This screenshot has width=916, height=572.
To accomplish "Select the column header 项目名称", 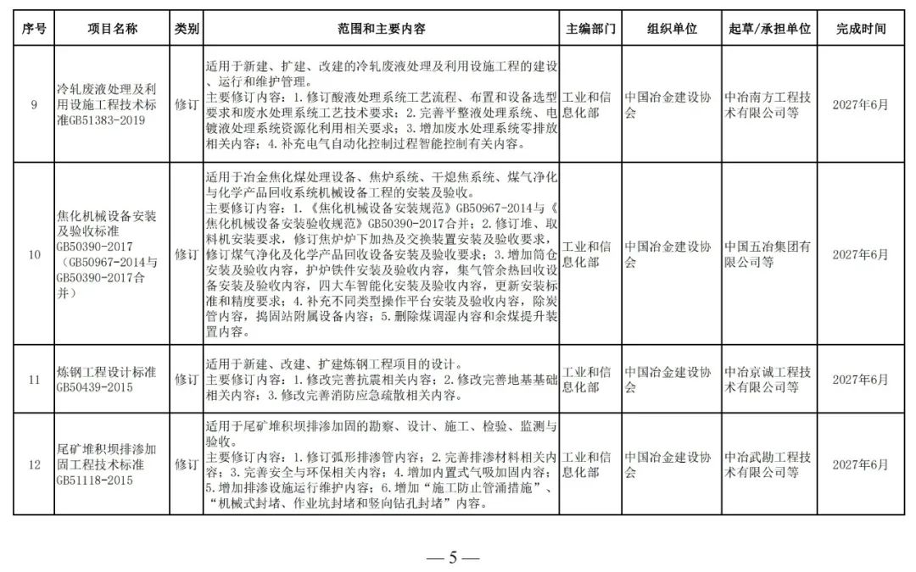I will pyautogui.click(x=112, y=29).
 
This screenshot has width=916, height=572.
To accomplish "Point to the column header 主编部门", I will pyautogui.click(x=590, y=29).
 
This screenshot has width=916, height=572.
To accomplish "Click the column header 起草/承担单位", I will pyautogui.click(x=769, y=29).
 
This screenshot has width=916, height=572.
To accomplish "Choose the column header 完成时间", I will pyautogui.click(x=860, y=29).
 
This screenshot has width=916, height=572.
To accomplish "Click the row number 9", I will pyautogui.click(x=34, y=105).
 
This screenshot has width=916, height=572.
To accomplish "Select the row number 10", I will pyautogui.click(x=34, y=254).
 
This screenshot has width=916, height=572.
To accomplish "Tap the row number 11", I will pyautogui.click(x=34, y=380).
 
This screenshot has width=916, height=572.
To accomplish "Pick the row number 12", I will pyautogui.click(x=34, y=464).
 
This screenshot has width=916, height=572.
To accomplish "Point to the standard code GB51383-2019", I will pyautogui.click(x=100, y=120).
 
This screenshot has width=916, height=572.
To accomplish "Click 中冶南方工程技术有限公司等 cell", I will pyautogui.click(x=768, y=105).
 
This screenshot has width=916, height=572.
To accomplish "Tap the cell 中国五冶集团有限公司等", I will pyautogui.click(x=768, y=254).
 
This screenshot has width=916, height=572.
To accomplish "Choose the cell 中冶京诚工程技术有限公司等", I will pyautogui.click(x=768, y=380).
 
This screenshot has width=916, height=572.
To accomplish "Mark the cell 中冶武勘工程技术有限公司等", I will pyautogui.click(x=768, y=464).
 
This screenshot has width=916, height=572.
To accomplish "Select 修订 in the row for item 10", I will pyautogui.click(x=186, y=254).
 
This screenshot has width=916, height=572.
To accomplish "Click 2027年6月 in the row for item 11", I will pyautogui.click(x=860, y=380).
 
